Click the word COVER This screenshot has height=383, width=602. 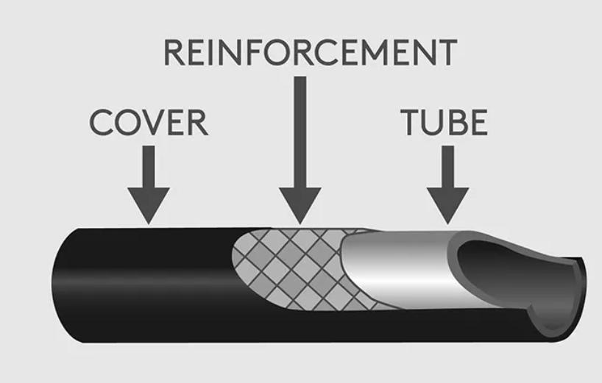coord(149,122)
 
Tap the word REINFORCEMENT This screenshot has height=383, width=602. coord(310,53)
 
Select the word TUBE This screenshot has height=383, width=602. coord(444,122)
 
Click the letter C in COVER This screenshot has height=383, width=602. coord(100,122)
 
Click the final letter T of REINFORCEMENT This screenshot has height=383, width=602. coord(448,53)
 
